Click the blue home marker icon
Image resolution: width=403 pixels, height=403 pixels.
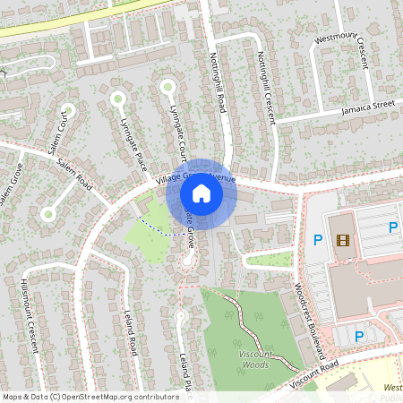(201, 193)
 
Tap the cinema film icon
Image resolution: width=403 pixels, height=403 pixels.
(341, 239)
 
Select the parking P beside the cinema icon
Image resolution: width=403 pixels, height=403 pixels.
(317, 239)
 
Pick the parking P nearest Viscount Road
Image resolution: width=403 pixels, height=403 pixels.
(359, 337)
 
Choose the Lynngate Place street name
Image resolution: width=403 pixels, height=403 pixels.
(133, 144)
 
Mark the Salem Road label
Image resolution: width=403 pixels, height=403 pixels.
(74, 170)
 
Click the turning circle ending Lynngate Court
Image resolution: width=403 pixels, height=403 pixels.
(167, 87)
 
